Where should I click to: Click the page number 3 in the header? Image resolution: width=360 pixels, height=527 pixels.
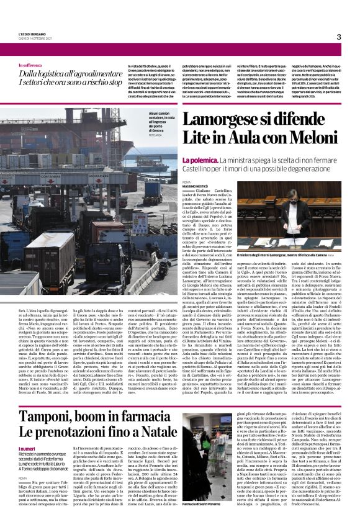(338, 37)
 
